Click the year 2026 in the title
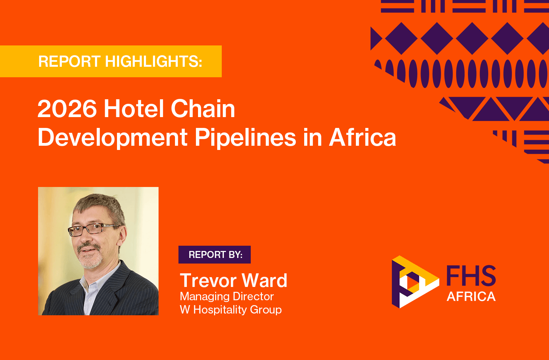coord(67,109)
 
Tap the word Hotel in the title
coord(134,109)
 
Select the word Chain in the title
coord(203,109)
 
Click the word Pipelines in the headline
coord(245,138)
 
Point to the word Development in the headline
coord(112,138)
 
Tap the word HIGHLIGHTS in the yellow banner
coord(153,61)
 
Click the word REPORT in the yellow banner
coord(69,61)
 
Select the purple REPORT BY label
coord(214,254)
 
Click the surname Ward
coord(264,280)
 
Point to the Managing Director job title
coord(227,296)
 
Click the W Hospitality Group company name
coord(230,310)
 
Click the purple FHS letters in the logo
coord(471,276)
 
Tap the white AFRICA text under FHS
coord(471,296)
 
